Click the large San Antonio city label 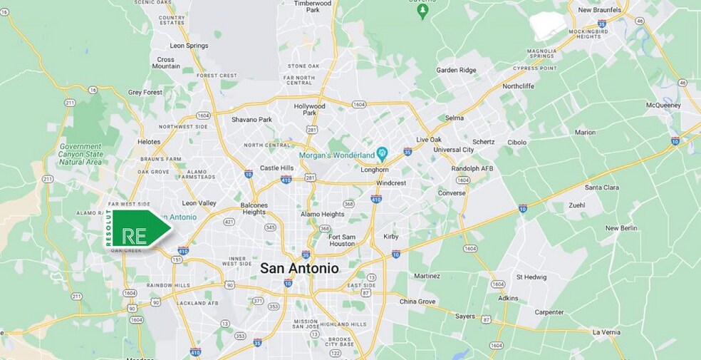(x=299, y=268)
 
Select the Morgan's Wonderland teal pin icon (x=382, y=153)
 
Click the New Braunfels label (x=599, y=10)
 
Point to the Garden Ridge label (x=457, y=70)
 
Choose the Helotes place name (x=149, y=141)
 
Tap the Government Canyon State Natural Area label (x=81, y=154)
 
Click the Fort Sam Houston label (x=342, y=240)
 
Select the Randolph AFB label (x=472, y=169)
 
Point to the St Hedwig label (x=531, y=277)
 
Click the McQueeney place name (x=663, y=106)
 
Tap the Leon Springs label (x=189, y=46)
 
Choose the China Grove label (x=417, y=302)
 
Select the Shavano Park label (x=251, y=119)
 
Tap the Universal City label (x=453, y=150)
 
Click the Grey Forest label (x=145, y=92)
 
